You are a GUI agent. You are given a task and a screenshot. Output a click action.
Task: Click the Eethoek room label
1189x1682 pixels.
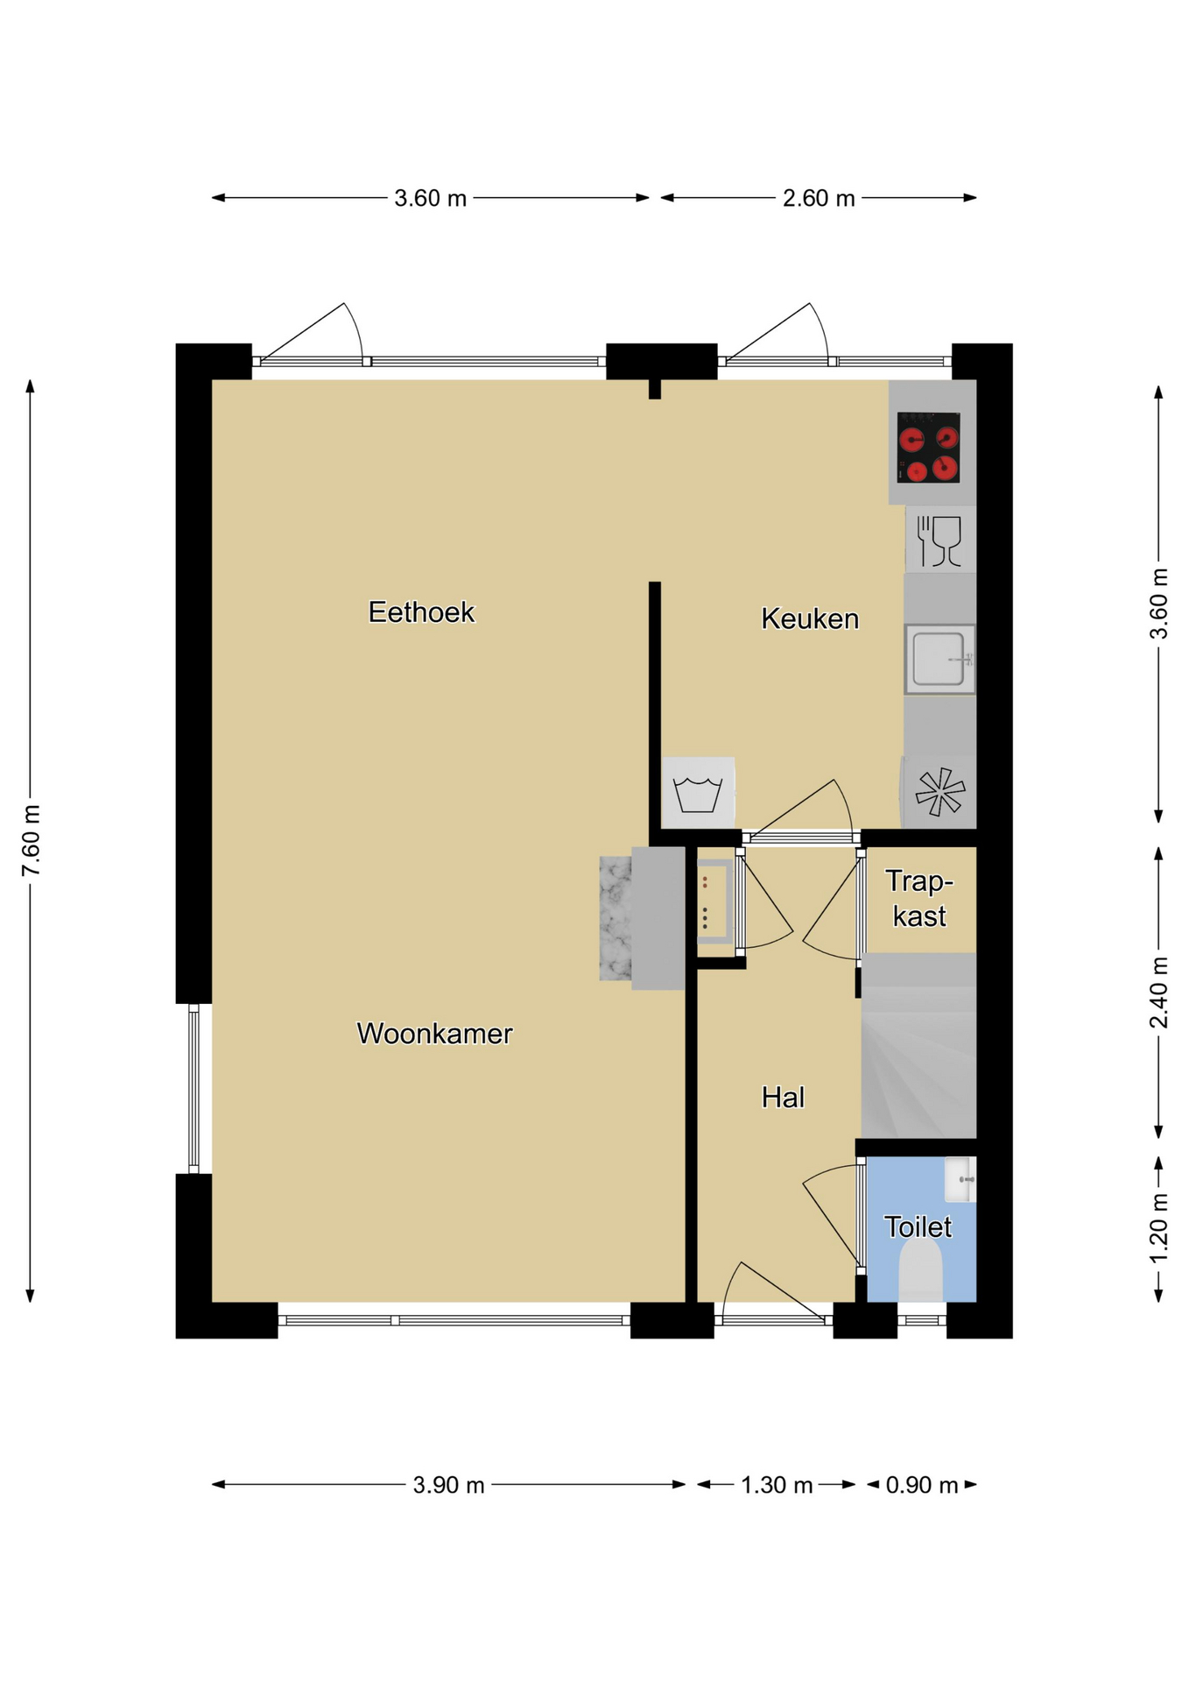[x=421, y=611]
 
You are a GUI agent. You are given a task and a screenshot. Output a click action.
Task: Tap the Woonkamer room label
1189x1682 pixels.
[x=434, y=1034]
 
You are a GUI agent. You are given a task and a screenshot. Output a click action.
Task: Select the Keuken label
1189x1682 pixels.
[x=810, y=618]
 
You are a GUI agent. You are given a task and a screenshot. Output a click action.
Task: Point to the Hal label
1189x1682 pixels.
[x=783, y=1097]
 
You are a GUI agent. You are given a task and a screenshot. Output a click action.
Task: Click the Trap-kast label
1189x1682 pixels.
[x=919, y=898]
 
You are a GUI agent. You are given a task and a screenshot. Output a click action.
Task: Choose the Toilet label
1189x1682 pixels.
[x=918, y=1226]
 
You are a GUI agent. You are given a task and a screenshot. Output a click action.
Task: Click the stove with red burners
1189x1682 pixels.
[x=928, y=447]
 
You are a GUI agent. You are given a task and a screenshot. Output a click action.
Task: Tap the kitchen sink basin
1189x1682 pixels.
[x=939, y=659]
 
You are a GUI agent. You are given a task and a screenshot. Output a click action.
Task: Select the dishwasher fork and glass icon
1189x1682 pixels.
[x=939, y=541]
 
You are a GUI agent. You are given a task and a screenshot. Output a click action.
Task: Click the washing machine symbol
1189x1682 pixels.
[x=698, y=793]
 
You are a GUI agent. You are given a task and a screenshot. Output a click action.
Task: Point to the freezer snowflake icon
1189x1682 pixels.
[x=939, y=792]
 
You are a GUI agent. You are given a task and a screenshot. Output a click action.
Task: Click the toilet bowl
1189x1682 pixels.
[x=920, y=1269]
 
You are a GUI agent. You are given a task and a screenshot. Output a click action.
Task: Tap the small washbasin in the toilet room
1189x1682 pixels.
[x=960, y=1179]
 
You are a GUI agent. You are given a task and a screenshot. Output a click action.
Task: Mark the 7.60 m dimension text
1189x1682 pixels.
[x=32, y=840]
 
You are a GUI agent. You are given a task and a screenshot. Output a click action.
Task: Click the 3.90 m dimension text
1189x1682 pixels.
[x=448, y=1485]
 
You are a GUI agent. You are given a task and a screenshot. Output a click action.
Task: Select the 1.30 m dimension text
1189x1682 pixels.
[x=777, y=1485]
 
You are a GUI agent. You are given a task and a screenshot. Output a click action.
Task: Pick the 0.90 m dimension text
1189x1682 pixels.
[x=922, y=1485]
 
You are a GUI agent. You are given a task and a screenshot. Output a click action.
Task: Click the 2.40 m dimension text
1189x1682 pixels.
[x=1158, y=993]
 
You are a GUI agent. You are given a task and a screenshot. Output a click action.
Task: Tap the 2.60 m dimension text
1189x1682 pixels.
[x=819, y=198]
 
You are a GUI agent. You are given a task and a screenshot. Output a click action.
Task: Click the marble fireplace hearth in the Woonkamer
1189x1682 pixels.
[x=616, y=918]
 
